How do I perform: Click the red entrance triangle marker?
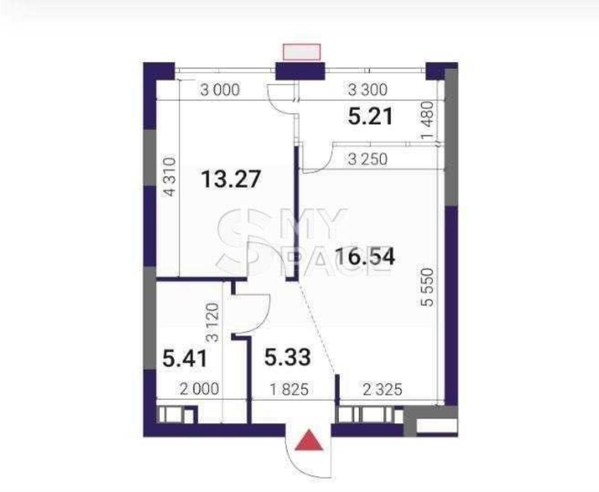[x=309, y=441]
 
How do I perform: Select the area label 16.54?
[x=365, y=257]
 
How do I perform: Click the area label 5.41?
[x=185, y=358]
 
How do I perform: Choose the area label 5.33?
[x=288, y=357]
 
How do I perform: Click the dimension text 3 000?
[x=220, y=90]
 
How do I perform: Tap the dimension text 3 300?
[x=367, y=90]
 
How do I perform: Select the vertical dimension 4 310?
[x=170, y=177]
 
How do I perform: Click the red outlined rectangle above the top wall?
[x=301, y=52]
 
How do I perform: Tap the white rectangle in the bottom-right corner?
[x=436, y=425]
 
